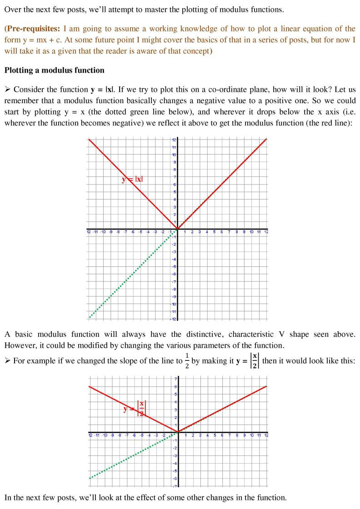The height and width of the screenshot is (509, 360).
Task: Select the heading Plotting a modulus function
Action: (x=54, y=70)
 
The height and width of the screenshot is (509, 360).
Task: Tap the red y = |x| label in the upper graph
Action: (x=132, y=179)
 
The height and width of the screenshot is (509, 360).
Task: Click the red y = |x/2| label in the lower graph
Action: (x=135, y=408)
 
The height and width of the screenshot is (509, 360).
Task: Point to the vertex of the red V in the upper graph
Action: (x=177, y=229)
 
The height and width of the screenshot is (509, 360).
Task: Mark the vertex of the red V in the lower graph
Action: (x=177, y=432)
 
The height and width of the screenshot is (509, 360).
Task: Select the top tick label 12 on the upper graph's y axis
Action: (x=173, y=140)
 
